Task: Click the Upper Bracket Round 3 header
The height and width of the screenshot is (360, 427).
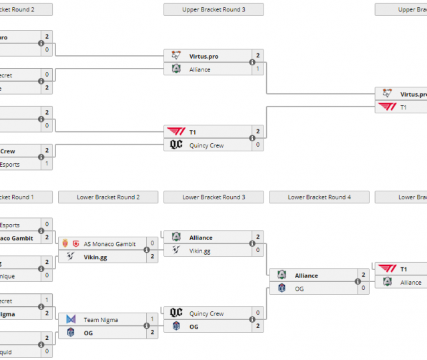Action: pos(213,10)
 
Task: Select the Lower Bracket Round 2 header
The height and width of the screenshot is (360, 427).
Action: pos(108,197)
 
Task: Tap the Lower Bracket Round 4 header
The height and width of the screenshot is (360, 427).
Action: pos(319,197)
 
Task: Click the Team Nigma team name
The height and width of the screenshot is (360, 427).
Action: pos(101,320)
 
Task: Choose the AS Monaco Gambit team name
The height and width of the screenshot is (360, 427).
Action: pos(109,244)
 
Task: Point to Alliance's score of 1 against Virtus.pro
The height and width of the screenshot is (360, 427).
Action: pos(258,69)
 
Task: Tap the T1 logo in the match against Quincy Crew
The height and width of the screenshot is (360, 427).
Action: pos(176,132)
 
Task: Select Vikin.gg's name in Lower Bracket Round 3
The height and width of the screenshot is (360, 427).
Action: pos(200,251)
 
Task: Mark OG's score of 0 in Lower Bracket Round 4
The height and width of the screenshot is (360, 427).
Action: pos(363,289)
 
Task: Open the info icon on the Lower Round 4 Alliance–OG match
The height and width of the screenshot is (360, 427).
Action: pos(358,282)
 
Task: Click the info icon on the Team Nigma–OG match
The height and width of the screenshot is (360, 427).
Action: pos(147,327)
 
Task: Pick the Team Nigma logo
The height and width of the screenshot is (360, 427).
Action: pos(71,320)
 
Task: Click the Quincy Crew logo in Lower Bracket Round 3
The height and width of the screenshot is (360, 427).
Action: pos(176,313)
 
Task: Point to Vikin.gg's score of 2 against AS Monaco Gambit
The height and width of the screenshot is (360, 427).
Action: pos(152,257)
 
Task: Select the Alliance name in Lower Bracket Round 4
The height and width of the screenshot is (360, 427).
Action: pos(306,275)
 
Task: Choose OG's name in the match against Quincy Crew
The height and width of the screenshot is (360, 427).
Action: pos(194,327)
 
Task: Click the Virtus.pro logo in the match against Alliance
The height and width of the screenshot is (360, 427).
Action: pos(176,56)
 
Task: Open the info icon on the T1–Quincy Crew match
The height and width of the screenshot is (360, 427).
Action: pos(252,139)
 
